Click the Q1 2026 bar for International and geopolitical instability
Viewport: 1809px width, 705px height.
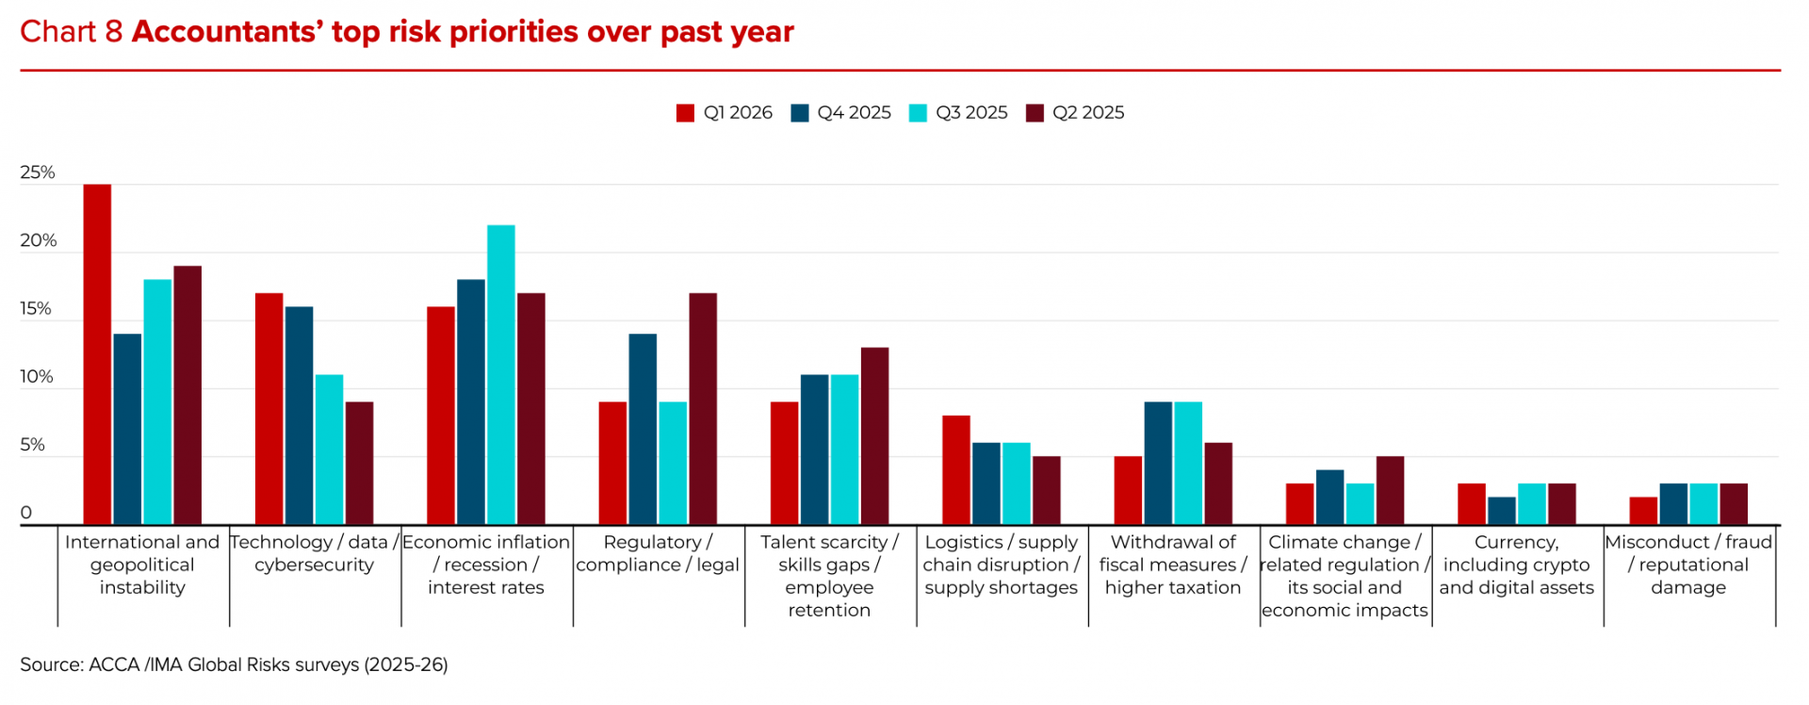[x=97, y=354]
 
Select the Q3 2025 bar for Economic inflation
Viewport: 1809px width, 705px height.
[x=500, y=375]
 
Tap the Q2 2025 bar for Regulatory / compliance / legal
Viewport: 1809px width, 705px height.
[x=702, y=409]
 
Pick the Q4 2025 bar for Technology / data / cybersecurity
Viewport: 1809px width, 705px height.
[x=299, y=416]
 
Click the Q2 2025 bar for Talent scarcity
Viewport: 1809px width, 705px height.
[x=874, y=436]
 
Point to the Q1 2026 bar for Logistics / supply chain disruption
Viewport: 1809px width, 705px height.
[x=955, y=470]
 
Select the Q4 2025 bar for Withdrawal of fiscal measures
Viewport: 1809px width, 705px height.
[x=1158, y=464]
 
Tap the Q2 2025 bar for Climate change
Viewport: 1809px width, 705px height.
[x=1390, y=491]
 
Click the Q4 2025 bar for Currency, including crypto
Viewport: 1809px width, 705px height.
[x=1502, y=511]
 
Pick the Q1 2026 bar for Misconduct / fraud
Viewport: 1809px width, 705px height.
[x=1643, y=511]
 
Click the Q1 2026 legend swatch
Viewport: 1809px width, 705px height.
[x=685, y=113]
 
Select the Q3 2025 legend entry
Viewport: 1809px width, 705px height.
[x=958, y=113]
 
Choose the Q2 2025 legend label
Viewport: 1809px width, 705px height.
[x=1088, y=113]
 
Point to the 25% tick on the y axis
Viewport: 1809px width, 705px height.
[x=38, y=172]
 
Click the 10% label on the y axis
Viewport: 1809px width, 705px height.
[x=38, y=377]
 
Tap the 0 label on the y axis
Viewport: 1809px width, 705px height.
[x=26, y=513]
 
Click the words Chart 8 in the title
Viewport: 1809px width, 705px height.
[x=72, y=32]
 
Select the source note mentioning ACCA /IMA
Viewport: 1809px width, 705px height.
[x=234, y=664]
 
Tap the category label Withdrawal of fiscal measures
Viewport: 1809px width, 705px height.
[x=1173, y=565]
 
